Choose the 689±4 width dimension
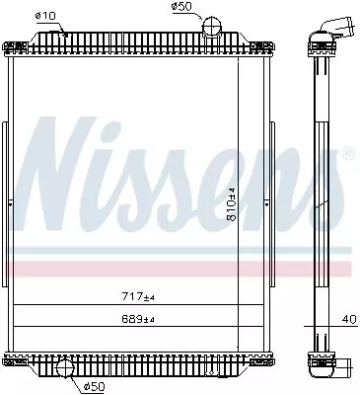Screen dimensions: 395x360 coord(137,318)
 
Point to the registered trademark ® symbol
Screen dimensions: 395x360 coord(346,155)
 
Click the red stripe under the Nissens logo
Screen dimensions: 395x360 coord(178,268)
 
